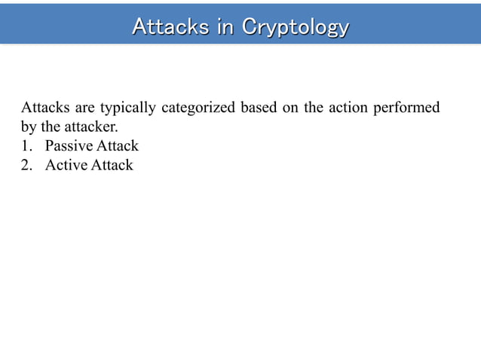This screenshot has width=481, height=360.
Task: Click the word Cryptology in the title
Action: [296, 27]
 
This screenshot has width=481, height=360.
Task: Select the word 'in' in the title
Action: [225, 27]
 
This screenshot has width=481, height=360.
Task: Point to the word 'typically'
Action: [127, 108]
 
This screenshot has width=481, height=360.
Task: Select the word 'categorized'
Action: [198, 108]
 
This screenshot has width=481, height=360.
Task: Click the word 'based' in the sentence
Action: [258, 107]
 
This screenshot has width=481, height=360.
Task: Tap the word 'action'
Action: [348, 107]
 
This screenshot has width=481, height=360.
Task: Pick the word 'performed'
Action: [407, 107]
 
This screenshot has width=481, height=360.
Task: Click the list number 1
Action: [26, 146]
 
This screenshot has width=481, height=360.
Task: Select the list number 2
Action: [26, 165]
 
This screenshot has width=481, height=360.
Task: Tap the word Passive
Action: [69, 146]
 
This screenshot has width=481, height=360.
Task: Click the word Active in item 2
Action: [66, 165]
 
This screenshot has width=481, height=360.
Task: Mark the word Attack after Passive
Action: [118, 146]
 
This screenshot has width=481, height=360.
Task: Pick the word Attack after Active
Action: [112, 165]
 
